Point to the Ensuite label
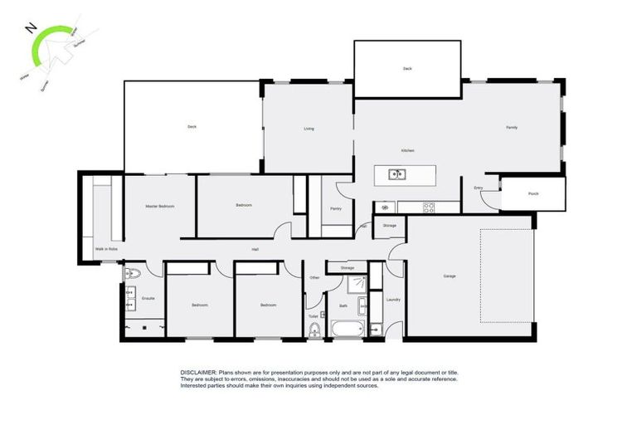tap(148, 298)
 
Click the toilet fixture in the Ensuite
tap(132, 274)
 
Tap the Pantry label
tap(336, 208)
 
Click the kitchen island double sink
tap(396, 174)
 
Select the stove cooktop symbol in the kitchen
tap(429, 207)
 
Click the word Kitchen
tap(407, 150)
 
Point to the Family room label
tap(513, 127)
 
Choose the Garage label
tap(449, 276)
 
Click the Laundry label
tap(393, 300)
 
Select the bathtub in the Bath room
tap(345, 330)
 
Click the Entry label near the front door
tap(479, 188)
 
